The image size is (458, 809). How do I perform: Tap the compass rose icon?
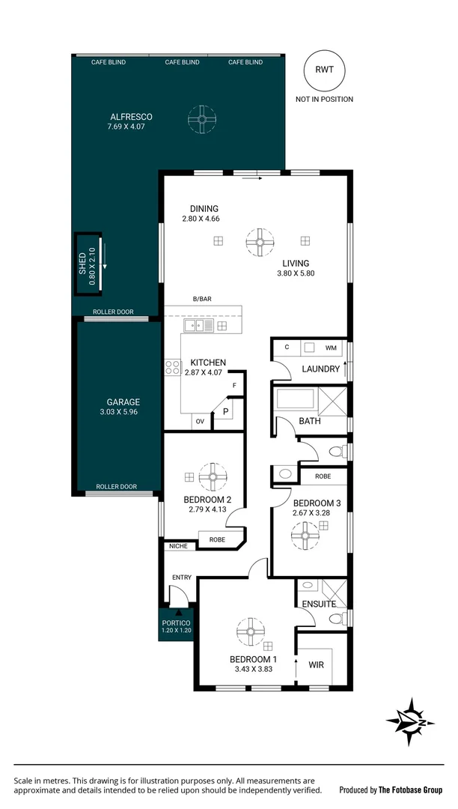click(410, 721)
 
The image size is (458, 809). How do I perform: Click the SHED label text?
click(83, 264)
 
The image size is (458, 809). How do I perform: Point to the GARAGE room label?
click(123, 402)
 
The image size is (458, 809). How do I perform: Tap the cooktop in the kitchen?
click(173, 367)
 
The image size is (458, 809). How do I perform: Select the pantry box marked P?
click(225, 413)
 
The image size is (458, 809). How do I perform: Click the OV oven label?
click(200, 422)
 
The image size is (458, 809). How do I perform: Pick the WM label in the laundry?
click(331, 348)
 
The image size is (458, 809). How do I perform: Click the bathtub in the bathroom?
click(295, 398)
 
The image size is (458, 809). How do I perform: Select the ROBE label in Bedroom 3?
click(323, 476)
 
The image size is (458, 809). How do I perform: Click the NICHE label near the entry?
click(178, 546)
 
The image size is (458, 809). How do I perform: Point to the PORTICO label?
click(176, 622)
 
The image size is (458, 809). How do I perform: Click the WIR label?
click(316, 664)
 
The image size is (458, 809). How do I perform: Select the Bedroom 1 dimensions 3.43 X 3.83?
click(253, 669)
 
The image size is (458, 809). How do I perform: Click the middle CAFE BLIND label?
click(182, 62)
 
